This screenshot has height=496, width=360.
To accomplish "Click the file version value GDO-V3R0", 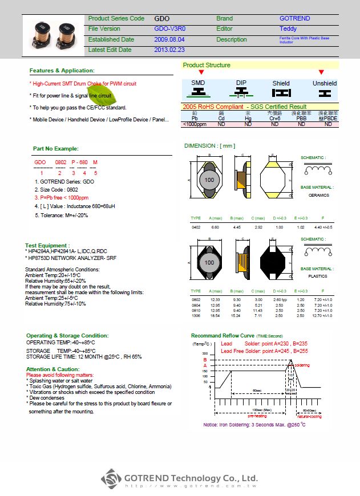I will [169, 29].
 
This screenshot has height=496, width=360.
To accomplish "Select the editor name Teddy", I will [288, 29].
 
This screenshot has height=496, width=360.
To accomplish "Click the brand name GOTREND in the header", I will [294, 18].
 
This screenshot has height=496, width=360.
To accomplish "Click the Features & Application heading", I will [62, 70].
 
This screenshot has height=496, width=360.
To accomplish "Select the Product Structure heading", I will [207, 65].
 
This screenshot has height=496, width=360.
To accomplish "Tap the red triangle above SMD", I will [201, 72].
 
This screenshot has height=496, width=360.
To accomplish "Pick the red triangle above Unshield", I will [321, 72].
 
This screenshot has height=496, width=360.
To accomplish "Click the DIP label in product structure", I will [241, 83].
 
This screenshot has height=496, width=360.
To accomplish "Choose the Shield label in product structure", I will [281, 83].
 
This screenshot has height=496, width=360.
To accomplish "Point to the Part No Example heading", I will [55, 148].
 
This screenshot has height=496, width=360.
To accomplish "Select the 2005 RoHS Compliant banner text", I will [244, 107].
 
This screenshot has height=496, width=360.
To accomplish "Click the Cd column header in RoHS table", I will [221, 118].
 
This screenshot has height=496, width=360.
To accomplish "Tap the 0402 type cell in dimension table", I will [196, 227].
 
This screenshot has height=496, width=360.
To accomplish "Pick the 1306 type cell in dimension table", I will [196, 315].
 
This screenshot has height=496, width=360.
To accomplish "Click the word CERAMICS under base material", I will [319, 195].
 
